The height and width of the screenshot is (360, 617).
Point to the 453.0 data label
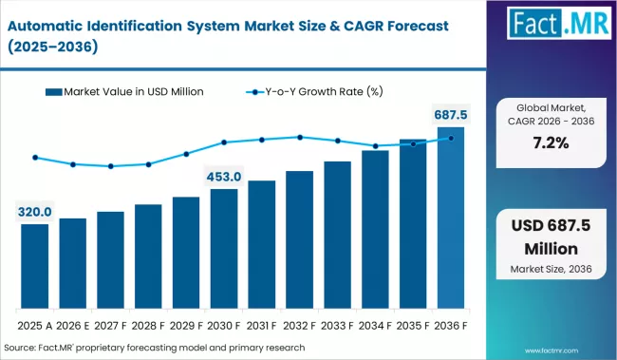(224, 177)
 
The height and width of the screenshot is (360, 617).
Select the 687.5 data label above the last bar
(451, 115)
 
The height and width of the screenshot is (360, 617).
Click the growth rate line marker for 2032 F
(300, 137)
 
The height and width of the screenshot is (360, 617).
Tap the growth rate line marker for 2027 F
(111, 166)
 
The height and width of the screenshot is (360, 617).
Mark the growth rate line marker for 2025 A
(35, 158)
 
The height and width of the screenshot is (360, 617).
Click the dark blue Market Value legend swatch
(54, 92)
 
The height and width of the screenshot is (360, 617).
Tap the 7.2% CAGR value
(552, 143)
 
